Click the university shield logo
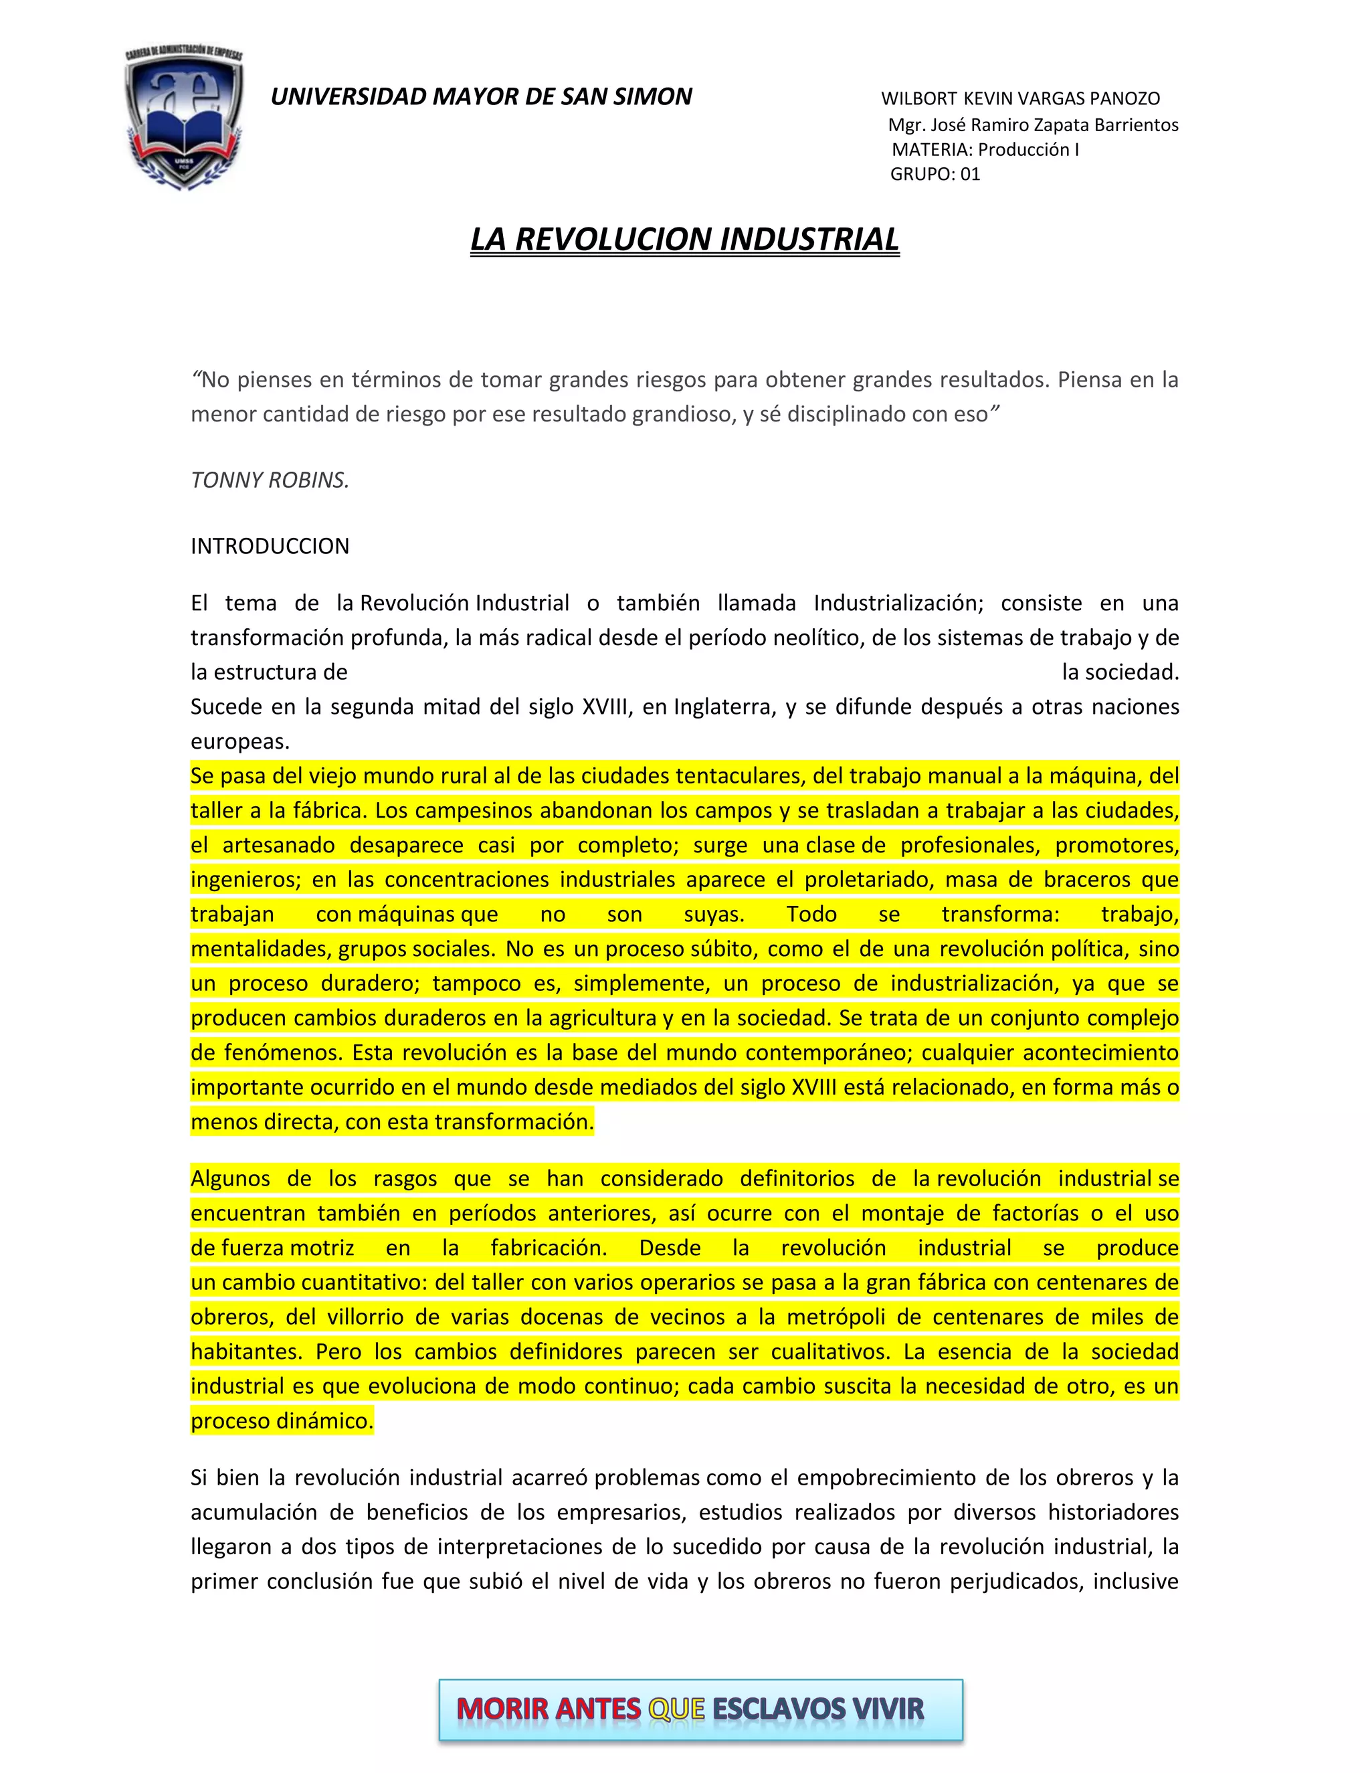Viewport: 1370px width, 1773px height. [184, 118]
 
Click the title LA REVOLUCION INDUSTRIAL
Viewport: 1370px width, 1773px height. [684, 240]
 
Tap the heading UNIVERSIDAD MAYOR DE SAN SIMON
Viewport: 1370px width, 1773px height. [480, 96]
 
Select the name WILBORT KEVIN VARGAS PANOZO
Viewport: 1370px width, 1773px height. [1020, 99]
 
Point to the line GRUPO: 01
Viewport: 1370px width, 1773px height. [935, 175]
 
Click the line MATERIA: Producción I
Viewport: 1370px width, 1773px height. [985, 150]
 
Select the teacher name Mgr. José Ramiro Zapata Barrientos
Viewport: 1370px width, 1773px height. [1032, 125]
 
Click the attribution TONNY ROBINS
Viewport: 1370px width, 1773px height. [270, 480]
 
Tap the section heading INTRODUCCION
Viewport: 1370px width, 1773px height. [270, 547]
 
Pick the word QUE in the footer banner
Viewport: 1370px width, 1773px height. [676, 1709]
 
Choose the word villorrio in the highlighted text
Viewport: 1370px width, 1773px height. [365, 1317]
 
